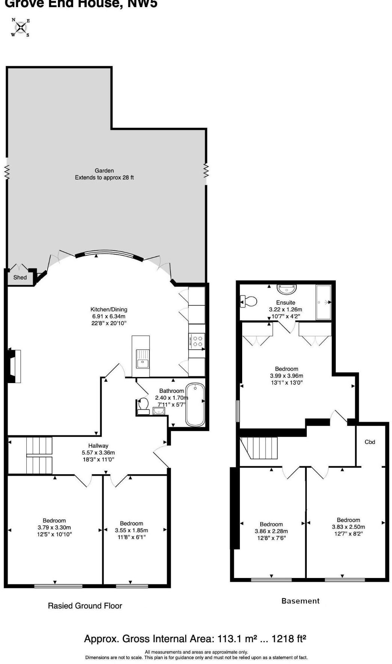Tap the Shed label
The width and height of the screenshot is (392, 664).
click(20, 278)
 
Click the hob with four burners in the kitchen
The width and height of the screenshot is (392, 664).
click(197, 341)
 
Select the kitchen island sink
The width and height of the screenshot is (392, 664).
click(142, 363)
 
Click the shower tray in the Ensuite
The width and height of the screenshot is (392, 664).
click(323, 302)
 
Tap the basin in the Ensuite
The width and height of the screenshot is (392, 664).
click(287, 289)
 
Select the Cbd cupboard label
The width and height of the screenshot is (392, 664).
click(370, 442)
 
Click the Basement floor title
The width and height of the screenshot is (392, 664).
click(300, 601)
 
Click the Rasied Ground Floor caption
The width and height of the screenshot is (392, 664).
click(85, 606)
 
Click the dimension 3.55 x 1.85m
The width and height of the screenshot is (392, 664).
click(131, 530)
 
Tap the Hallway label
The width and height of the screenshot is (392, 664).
click(98, 445)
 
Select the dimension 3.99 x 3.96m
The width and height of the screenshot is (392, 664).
click(286, 376)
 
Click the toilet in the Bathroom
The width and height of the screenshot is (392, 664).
click(143, 406)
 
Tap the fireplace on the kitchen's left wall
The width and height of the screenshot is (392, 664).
click(14, 366)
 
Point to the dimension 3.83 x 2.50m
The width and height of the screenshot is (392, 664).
click(348, 527)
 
